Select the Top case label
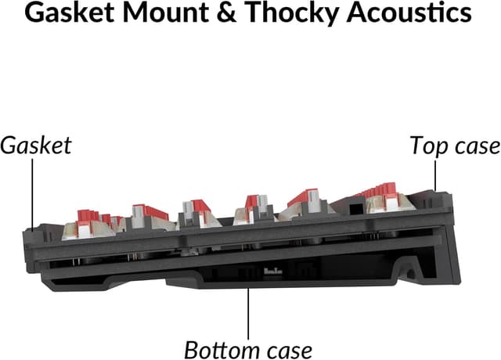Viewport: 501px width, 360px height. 455,146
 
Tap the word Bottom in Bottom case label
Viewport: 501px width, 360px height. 220,348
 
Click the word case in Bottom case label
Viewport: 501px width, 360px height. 287,348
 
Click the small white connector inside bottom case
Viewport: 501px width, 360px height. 273,271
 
